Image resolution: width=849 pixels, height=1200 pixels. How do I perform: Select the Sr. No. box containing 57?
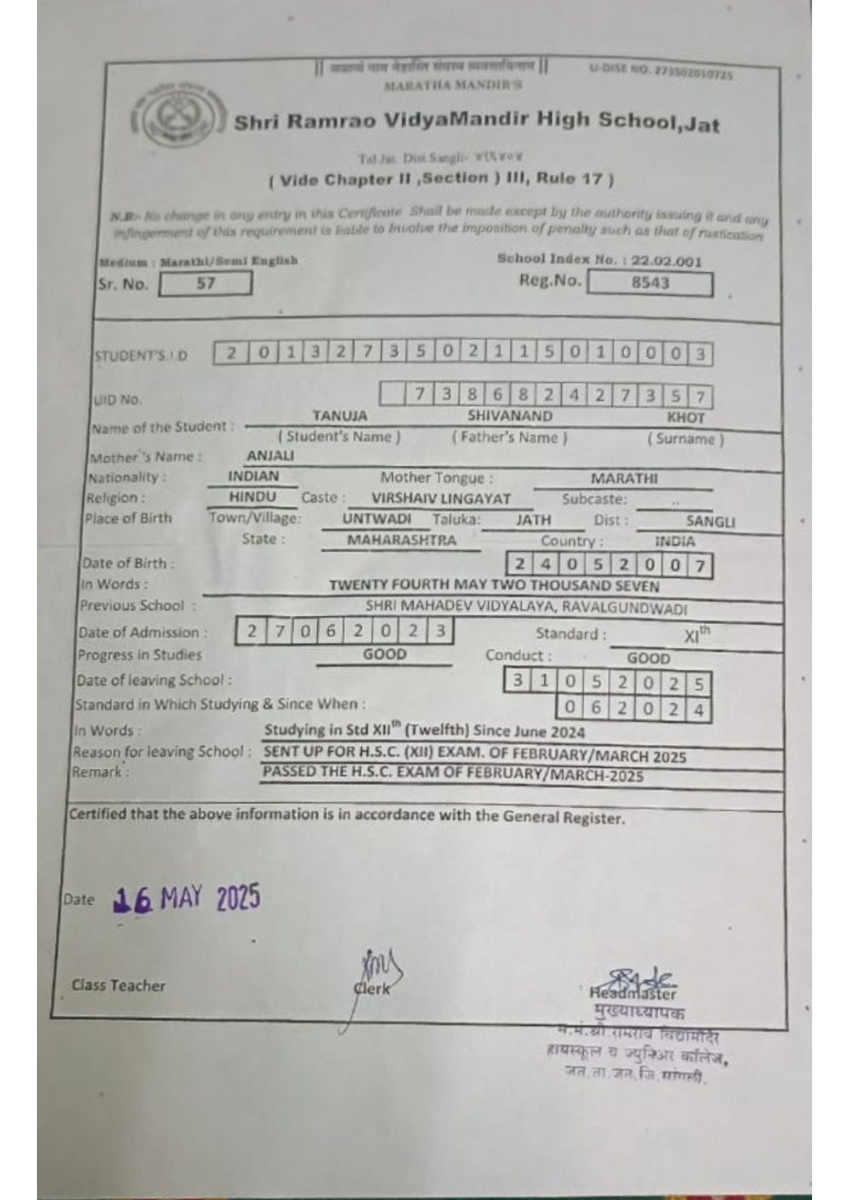205,283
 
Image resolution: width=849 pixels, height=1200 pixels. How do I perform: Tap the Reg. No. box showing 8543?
649,283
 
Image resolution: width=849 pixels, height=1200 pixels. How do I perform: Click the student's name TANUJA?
339,416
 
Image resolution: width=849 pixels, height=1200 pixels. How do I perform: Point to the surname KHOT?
685,417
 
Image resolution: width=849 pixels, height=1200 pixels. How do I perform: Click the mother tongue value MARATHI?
624,479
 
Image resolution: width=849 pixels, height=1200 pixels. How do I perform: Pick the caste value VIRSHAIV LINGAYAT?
441,499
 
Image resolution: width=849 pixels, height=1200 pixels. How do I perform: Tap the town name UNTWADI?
377,519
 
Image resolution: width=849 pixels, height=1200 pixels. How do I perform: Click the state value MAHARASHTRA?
402,540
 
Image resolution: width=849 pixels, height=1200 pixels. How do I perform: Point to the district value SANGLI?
710,521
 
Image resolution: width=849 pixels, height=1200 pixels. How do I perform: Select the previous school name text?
526,607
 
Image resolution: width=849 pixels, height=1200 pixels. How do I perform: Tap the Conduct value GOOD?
648,658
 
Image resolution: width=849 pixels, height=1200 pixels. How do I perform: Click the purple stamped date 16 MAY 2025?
187,899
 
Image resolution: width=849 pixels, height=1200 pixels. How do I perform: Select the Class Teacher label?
118,986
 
